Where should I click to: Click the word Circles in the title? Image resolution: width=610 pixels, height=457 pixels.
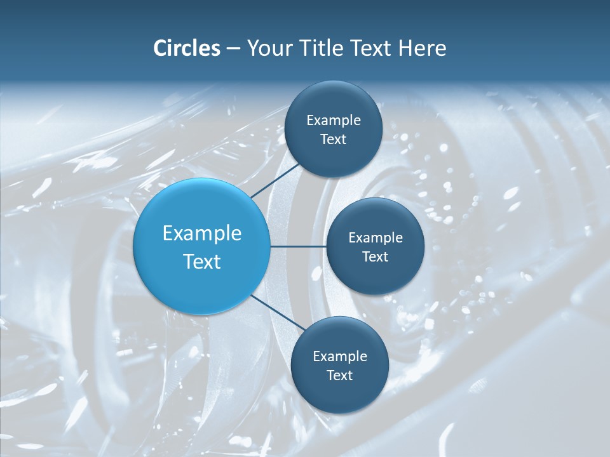click(186, 48)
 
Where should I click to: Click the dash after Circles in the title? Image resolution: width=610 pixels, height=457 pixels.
click(233, 49)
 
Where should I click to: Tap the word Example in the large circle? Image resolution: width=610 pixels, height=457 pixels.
click(202, 234)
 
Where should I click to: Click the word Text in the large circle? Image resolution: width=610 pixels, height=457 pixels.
click(202, 262)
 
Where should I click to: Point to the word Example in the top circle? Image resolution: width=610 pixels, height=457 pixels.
click(334, 121)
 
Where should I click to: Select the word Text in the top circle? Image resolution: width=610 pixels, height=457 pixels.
click(334, 140)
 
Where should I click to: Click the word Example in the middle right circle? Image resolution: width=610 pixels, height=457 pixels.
click(376, 238)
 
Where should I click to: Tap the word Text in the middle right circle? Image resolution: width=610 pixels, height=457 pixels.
click(376, 257)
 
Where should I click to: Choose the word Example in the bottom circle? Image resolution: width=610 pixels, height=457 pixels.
click(340, 357)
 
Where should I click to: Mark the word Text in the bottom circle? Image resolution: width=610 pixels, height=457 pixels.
click(340, 376)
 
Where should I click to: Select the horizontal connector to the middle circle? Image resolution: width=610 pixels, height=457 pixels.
click(299, 246)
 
